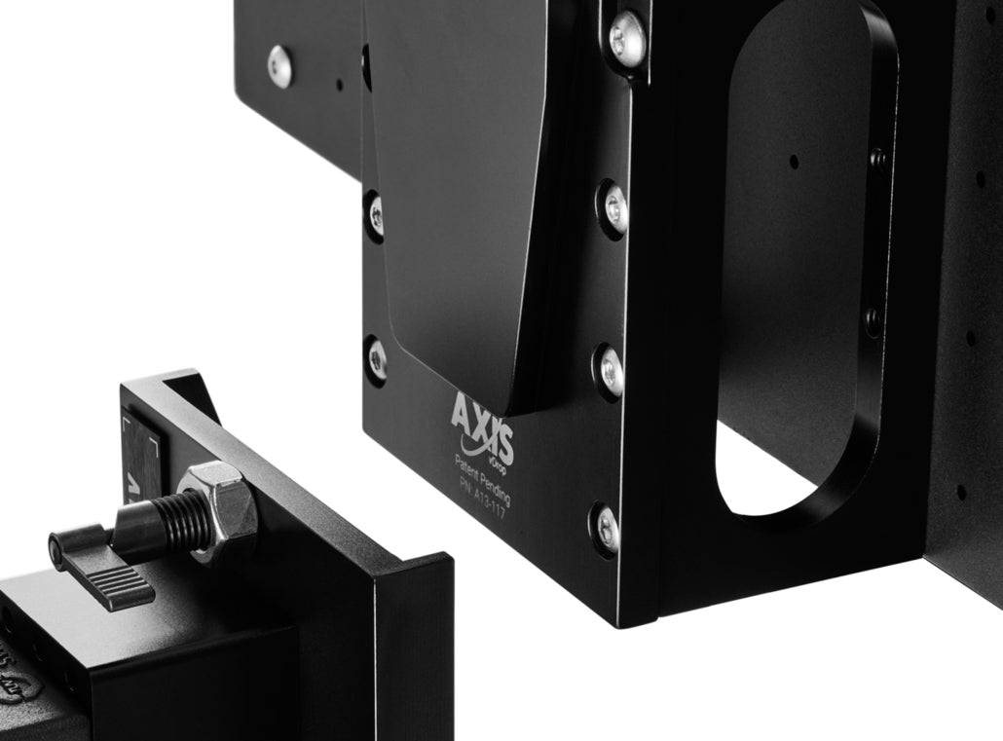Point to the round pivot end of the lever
pos(59,549)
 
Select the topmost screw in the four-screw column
pos(626,38)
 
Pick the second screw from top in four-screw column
pos(613,206)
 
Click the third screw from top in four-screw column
pos(610,370)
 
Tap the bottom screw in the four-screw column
pos(606,528)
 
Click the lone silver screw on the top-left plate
pos(280,65)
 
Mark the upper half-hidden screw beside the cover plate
pos(375,215)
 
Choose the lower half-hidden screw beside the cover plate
pos(376,358)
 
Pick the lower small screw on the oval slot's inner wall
pos(873,317)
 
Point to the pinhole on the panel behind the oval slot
pos(794,162)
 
